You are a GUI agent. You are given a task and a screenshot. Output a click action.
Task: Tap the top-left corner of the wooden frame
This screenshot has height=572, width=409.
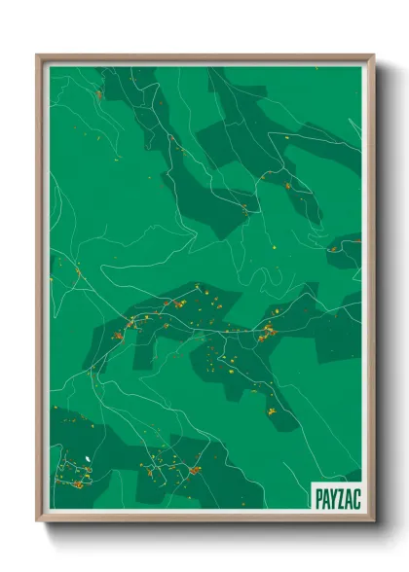click(x=38, y=55)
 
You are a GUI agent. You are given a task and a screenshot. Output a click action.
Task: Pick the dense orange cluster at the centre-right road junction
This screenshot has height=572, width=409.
click(x=264, y=335)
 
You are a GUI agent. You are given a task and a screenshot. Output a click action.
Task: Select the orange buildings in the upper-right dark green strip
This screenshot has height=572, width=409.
click(x=288, y=184)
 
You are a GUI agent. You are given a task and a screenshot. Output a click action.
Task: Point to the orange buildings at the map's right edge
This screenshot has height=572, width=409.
click(x=335, y=248)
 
